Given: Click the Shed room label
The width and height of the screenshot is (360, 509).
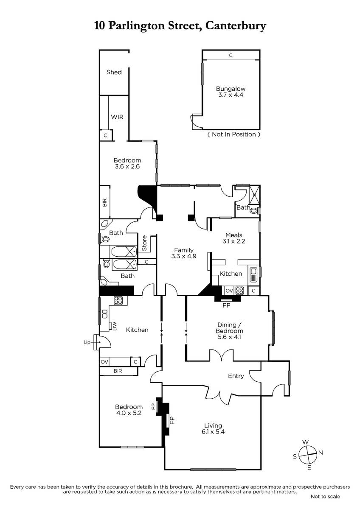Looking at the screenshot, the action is click(x=114, y=72).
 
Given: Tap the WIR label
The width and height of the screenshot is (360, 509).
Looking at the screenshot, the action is click(x=117, y=117).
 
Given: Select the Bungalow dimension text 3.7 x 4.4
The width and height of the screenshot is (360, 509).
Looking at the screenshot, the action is click(x=231, y=95).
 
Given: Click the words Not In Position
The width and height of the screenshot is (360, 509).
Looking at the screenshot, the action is click(x=234, y=134).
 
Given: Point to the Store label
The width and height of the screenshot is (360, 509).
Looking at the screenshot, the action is click(x=144, y=243).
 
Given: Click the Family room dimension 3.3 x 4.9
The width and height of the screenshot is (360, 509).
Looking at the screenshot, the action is click(x=184, y=256).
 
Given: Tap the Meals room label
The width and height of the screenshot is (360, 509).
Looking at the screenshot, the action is click(x=233, y=235).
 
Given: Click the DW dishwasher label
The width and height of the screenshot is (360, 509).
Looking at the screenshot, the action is click(x=114, y=326).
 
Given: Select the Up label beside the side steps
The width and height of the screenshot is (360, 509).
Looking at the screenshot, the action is click(x=87, y=342).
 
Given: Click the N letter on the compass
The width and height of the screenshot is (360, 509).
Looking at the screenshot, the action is click(x=321, y=453).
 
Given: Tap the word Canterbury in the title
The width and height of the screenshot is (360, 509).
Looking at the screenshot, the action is click(x=236, y=26).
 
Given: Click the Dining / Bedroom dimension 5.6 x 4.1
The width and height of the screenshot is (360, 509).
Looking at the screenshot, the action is click(x=229, y=337).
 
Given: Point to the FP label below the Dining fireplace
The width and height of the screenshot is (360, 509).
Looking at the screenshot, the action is click(x=227, y=305).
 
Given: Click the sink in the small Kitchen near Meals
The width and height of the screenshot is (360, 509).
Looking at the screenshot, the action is click(x=253, y=274).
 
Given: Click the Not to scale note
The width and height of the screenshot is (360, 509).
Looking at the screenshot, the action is click(x=325, y=497).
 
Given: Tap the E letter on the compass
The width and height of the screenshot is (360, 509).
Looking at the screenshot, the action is click(x=309, y=467).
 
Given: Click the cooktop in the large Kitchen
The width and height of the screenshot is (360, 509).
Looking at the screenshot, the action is click(x=118, y=300).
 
